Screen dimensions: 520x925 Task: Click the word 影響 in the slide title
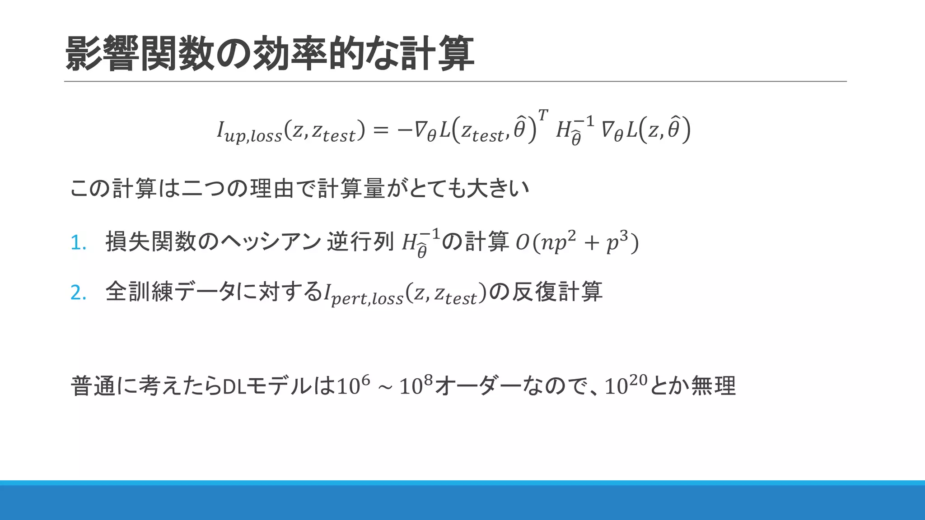(102, 54)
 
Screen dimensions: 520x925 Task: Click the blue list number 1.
(78, 243)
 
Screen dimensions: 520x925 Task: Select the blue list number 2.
(78, 293)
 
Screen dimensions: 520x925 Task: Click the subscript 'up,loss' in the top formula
(253, 136)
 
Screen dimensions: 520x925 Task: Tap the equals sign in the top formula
(381, 130)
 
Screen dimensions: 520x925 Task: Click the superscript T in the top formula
(542, 115)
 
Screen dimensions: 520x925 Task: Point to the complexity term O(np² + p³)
(577, 242)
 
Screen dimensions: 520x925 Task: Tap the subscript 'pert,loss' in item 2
(367, 299)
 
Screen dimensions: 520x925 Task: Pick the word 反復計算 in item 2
(557, 292)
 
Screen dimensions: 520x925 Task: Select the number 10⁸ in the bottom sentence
(416, 385)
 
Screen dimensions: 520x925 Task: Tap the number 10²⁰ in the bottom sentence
(626, 385)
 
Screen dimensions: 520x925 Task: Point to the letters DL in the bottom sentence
(234, 387)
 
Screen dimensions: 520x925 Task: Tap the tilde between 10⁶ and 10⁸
(385, 387)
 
